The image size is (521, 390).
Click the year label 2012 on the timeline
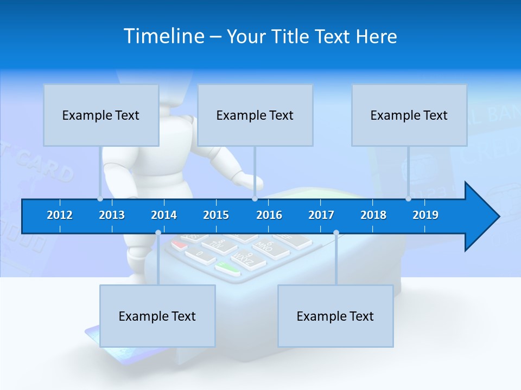(60, 215)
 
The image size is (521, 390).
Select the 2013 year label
(112, 215)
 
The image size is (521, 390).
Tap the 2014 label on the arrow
(164, 215)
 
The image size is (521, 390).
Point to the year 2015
(216, 215)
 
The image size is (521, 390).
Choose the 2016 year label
(269, 215)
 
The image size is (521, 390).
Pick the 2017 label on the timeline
(321, 215)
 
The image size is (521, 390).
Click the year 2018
(373, 215)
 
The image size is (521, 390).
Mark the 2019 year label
(425, 215)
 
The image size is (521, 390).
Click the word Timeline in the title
(163, 36)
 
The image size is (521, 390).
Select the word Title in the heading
(290, 36)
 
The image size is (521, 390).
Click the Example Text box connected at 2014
(157, 316)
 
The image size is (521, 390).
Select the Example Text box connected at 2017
(335, 316)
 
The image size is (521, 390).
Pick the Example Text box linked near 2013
(101, 115)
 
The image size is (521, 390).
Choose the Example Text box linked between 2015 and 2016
(255, 115)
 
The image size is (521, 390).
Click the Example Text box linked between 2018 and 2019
(409, 115)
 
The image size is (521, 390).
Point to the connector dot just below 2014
(158, 233)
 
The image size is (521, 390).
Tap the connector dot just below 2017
(336, 233)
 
